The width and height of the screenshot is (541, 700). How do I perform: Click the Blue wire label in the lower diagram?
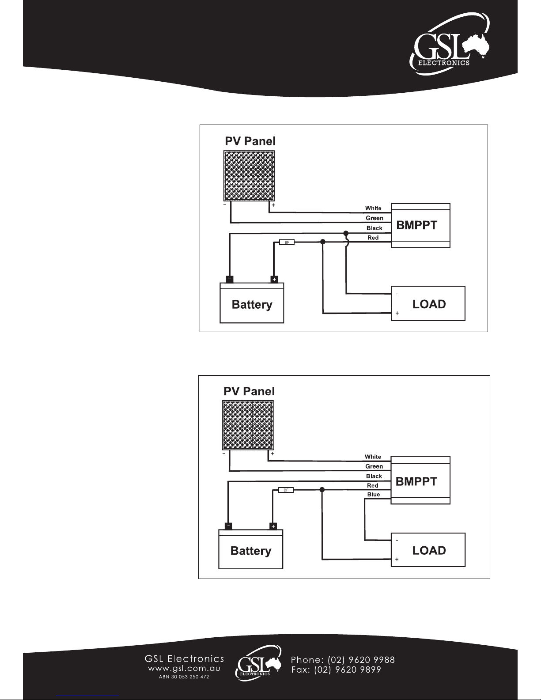[374, 494]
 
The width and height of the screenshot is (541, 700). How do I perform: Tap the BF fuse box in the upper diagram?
[287, 242]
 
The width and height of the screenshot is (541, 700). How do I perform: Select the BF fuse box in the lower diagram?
[286, 490]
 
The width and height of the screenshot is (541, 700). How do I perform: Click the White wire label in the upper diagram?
[373, 208]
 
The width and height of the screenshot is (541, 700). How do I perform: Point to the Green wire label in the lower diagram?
[374, 466]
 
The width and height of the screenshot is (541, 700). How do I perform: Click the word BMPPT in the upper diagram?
[417, 225]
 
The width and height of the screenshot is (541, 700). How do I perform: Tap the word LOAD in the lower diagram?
[429, 550]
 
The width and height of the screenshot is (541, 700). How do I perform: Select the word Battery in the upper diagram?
[252, 305]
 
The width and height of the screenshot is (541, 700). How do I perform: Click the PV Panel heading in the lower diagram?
[249, 391]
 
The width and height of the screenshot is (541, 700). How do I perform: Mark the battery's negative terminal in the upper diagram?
[230, 279]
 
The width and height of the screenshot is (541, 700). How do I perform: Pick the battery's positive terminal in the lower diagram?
[273, 526]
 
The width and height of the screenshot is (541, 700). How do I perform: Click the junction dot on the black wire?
[346, 233]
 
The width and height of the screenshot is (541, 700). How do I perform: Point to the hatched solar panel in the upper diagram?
[249, 176]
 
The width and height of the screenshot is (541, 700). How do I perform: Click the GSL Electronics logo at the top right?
[449, 44]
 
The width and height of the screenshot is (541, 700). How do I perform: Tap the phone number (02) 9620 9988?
[361, 660]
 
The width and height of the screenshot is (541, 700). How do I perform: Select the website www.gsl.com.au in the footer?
[184, 669]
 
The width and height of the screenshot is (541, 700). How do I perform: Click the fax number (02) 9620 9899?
[348, 670]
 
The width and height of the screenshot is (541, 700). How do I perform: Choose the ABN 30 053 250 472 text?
[184, 677]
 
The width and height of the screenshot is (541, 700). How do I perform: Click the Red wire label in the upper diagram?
[373, 238]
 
